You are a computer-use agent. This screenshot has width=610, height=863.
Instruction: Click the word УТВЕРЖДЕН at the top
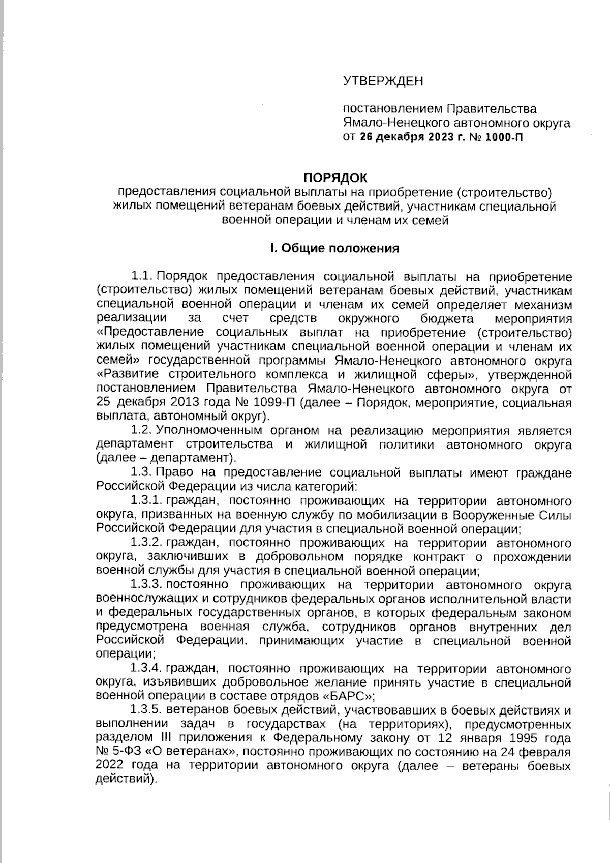coord(383,81)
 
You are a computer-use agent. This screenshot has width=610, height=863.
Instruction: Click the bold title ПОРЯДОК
coord(335,178)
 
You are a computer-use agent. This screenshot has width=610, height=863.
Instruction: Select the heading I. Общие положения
coord(334,248)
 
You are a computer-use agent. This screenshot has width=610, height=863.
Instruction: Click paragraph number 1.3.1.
coord(146,501)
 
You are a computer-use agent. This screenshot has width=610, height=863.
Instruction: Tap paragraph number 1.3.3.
coord(146,585)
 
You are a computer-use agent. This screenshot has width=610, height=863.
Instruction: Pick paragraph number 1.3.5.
coord(146,710)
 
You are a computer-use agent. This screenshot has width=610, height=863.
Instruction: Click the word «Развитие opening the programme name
coord(129,375)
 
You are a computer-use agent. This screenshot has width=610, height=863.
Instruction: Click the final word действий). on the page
coord(125,780)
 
